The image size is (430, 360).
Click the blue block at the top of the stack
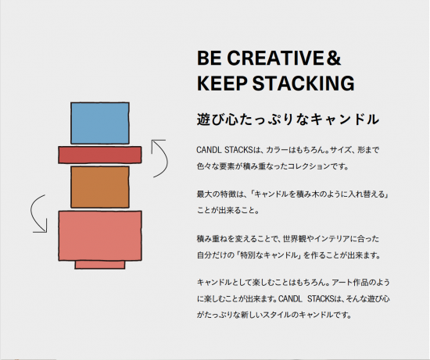100,123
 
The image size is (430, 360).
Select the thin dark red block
100,155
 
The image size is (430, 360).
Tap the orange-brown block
100,187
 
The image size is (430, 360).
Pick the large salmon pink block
100,236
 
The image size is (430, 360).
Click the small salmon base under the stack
100,265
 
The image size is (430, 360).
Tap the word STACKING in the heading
303,83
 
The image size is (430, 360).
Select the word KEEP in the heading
222,83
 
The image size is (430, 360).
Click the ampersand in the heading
333,58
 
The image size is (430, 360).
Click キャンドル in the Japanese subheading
345,119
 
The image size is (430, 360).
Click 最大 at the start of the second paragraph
204,194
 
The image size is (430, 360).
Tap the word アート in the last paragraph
342,282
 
